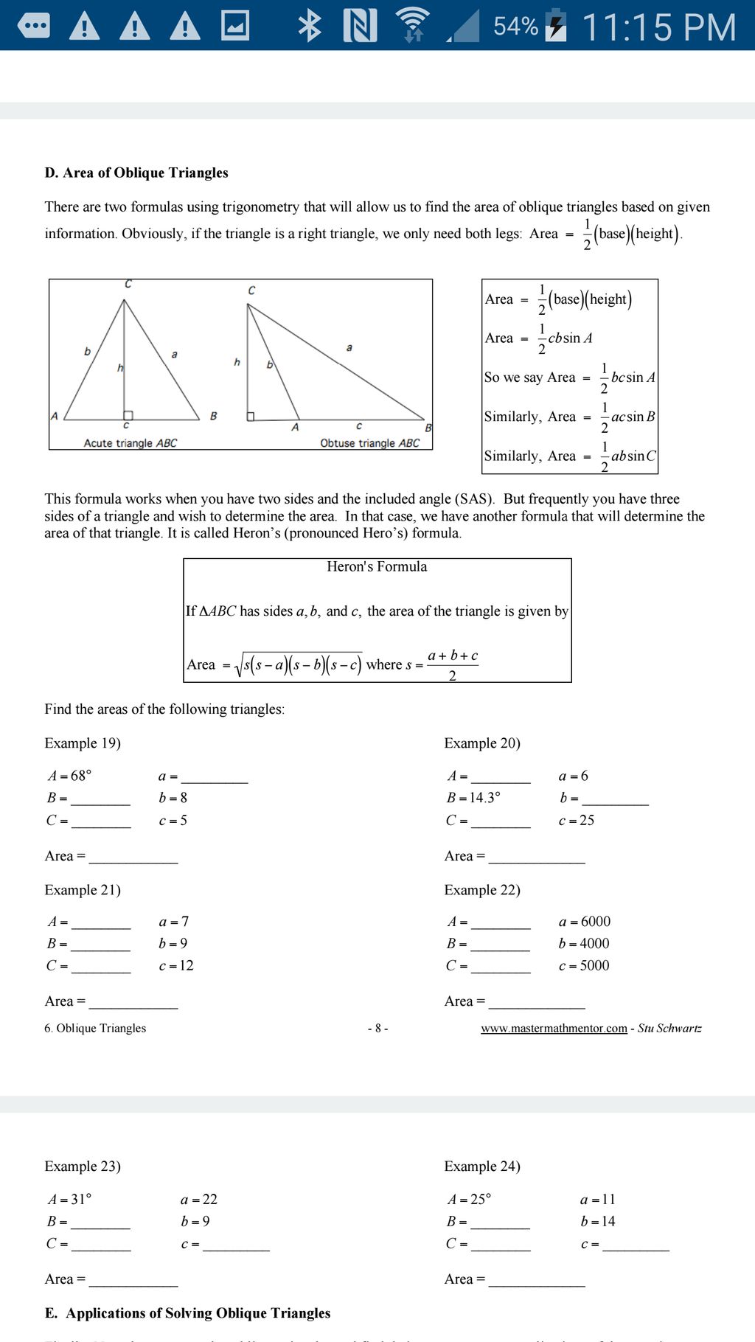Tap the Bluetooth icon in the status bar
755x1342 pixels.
click(x=310, y=26)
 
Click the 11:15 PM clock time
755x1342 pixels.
click(x=658, y=27)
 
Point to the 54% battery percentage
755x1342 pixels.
click(x=515, y=27)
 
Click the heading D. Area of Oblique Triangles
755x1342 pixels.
click(x=136, y=173)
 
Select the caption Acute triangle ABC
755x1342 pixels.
click(x=130, y=443)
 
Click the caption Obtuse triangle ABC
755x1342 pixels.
click(x=369, y=443)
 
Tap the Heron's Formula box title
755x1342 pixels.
click(x=377, y=566)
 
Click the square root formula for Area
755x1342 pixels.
click(x=298, y=665)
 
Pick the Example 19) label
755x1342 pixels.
click(x=83, y=743)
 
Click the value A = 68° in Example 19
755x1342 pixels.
click(x=69, y=776)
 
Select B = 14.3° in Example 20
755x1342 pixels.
click(x=473, y=798)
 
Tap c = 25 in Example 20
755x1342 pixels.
click(x=577, y=820)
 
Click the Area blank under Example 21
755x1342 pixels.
click(x=133, y=1002)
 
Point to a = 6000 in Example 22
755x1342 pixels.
click(x=585, y=922)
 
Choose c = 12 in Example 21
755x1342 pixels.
click(x=176, y=966)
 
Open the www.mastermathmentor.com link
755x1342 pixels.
click(x=554, y=1029)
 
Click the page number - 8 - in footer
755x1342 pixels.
click(x=377, y=1029)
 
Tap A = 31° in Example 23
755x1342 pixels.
click(x=69, y=1200)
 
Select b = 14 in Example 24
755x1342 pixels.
click(x=598, y=1222)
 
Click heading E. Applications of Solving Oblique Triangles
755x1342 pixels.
click(x=188, y=1313)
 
